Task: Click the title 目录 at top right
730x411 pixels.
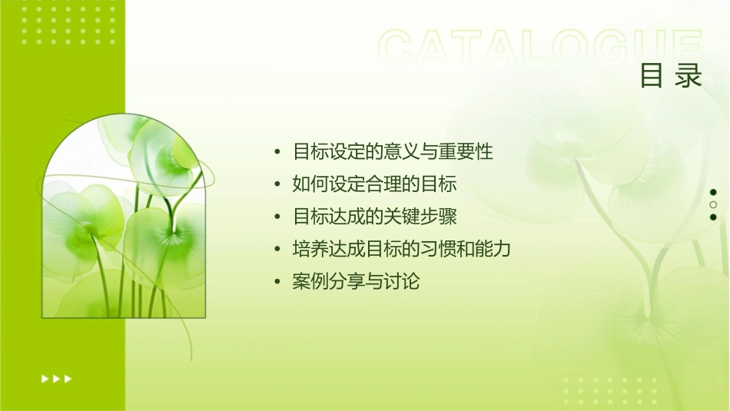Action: click(x=672, y=76)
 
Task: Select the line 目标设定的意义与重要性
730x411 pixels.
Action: click(x=393, y=152)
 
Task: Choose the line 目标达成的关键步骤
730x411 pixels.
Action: click(x=375, y=217)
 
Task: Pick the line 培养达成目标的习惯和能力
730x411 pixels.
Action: click(x=402, y=250)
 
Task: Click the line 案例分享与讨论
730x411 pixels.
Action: click(x=357, y=282)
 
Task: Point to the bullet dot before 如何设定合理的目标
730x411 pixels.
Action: click(x=277, y=185)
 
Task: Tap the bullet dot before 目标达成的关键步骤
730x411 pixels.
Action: click(x=277, y=217)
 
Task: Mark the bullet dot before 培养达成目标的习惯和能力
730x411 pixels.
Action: click(x=277, y=250)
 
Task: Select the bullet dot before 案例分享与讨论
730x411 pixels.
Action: click(x=277, y=283)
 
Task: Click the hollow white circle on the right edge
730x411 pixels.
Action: click(x=713, y=204)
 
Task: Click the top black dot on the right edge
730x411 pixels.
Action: click(x=713, y=192)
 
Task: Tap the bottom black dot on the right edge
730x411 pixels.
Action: click(x=713, y=217)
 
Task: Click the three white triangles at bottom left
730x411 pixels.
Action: click(x=57, y=378)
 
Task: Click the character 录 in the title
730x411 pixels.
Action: click(x=689, y=76)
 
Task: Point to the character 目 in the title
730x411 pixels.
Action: click(x=652, y=76)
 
